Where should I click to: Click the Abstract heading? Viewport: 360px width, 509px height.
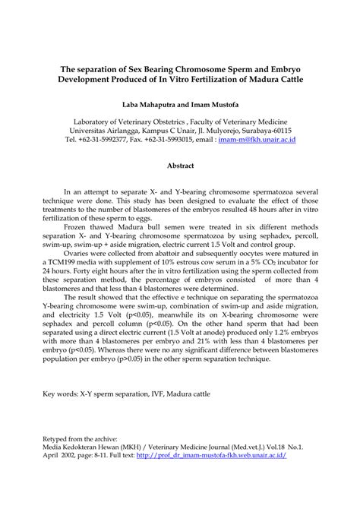point(180,165)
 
